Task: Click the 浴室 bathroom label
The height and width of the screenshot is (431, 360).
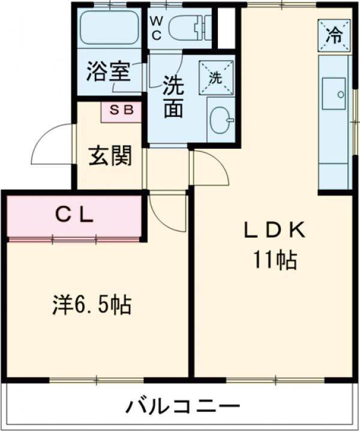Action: click(108, 72)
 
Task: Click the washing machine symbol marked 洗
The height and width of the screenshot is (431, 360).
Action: click(215, 77)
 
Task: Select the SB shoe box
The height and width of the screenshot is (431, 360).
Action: click(121, 111)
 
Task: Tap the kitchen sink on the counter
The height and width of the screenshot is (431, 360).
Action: click(334, 94)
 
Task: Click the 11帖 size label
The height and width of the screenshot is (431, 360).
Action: click(275, 260)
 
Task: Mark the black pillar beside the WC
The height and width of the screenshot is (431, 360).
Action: click(226, 28)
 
